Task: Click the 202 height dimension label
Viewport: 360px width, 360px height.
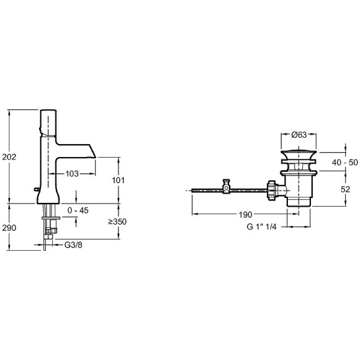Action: [9, 157]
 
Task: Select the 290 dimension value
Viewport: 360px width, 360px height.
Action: [9, 228]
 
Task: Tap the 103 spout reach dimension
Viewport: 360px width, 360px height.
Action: [72, 174]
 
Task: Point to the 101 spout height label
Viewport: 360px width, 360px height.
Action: [118, 180]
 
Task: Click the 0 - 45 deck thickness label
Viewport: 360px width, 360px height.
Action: [78, 210]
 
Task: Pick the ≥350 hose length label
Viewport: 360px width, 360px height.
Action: [117, 222]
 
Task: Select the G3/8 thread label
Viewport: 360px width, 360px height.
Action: [73, 245]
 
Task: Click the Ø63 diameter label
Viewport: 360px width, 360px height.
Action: [299, 135]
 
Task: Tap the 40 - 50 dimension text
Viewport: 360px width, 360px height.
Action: [344, 163]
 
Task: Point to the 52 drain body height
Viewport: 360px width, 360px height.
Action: [345, 189]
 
